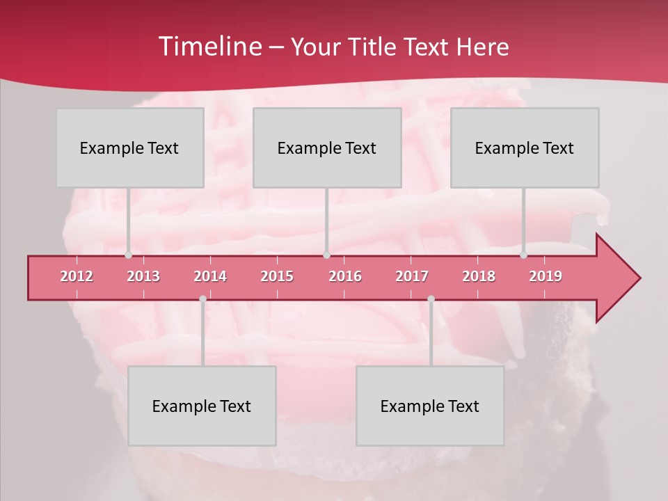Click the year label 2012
click(77, 276)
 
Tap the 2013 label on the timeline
click(143, 276)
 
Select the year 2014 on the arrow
click(210, 276)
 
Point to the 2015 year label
click(277, 276)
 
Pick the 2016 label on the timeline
click(345, 276)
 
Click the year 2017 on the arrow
click(412, 276)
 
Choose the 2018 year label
click(479, 276)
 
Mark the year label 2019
click(546, 276)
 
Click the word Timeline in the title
click(209, 47)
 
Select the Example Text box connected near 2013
click(129, 148)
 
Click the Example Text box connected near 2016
click(327, 148)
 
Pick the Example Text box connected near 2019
click(525, 148)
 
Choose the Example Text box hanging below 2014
click(202, 406)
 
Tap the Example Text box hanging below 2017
click(430, 406)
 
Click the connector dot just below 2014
click(202, 299)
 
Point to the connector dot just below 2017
click(431, 299)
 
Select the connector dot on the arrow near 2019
click(524, 255)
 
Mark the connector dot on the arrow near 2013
click(128, 255)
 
